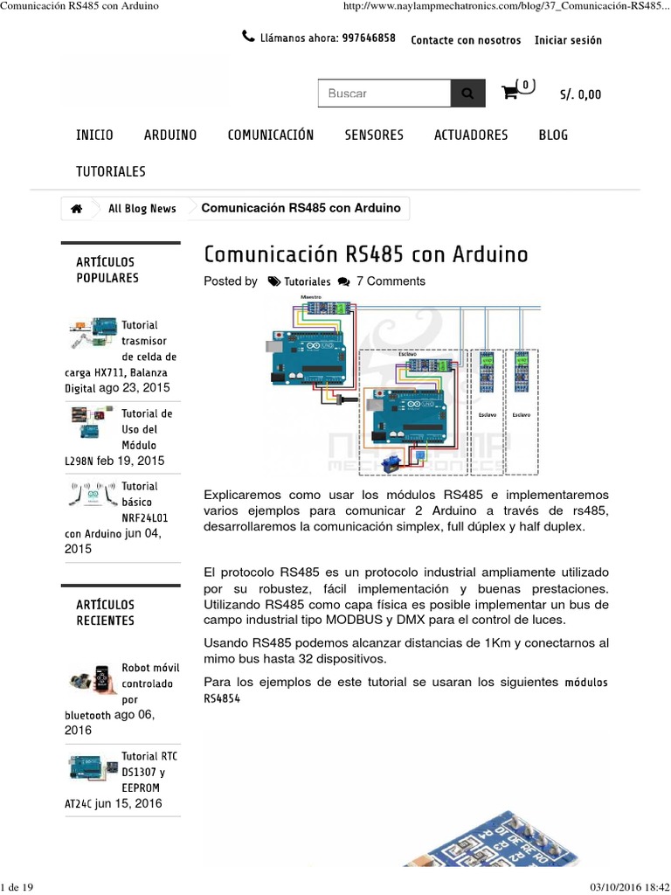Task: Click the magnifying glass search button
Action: coord(467,94)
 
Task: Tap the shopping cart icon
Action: coord(510,93)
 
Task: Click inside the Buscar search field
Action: coord(384,94)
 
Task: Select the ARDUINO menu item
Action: coord(170,135)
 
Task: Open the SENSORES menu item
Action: coord(374,135)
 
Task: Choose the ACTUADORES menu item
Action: coord(471,135)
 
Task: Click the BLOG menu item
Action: coord(553,135)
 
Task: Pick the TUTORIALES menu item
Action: coord(111,171)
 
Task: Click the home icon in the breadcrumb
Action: coord(77,208)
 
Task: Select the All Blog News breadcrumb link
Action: coord(142,208)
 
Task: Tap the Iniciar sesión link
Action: coord(568,40)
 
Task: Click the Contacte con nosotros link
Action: coord(466,40)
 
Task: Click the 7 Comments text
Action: coord(391,281)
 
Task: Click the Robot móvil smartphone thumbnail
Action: coord(92,679)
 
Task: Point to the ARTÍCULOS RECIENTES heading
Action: coord(106,612)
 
